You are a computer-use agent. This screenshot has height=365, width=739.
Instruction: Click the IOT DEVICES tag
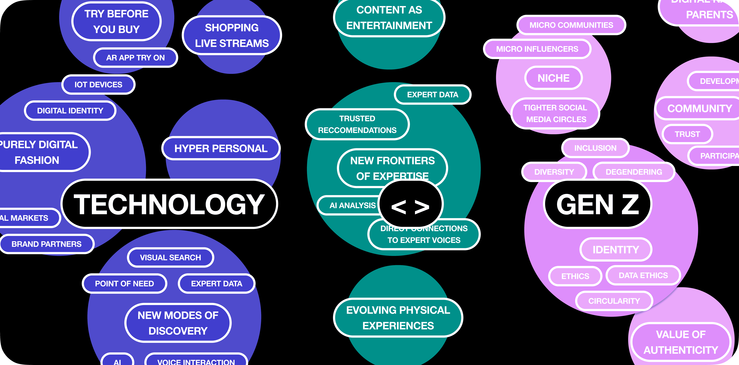click(98, 85)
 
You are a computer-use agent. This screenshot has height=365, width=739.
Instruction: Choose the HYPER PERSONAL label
click(221, 148)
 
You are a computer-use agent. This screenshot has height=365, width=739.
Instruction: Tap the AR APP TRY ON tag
click(135, 58)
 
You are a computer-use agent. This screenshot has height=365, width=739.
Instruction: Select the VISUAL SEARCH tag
click(170, 257)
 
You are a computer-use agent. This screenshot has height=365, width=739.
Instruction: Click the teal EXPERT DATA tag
click(433, 95)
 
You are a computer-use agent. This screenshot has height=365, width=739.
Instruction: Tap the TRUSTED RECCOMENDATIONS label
click(357, 124)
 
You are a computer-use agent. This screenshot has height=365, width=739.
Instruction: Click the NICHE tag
click(553, 78)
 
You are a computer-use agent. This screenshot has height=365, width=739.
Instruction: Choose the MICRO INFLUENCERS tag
click(537, 49)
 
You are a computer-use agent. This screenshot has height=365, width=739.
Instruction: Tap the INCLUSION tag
click(595, 148)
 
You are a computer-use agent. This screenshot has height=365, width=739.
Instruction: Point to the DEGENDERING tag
click(634, 172)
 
